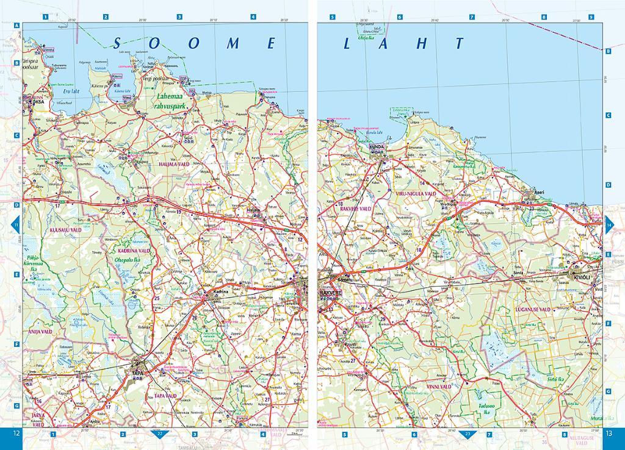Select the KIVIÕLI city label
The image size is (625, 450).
click(582, 278)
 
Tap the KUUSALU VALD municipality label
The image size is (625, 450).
click(64, 230)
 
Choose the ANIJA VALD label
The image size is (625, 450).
click(40, 331)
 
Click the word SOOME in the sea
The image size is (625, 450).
click(196, 43)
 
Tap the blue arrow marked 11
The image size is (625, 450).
click(16, 226)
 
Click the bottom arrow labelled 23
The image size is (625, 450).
click(467, 434)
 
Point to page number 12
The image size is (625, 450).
click(16, 434)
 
